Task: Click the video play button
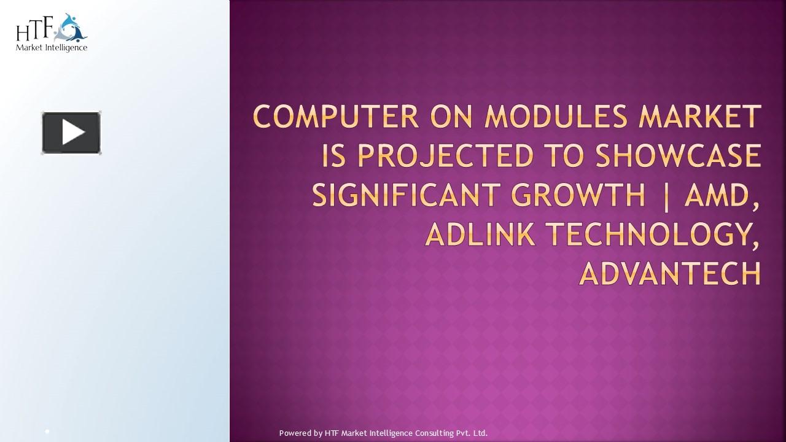click(71, 133)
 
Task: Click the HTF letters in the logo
click(36, 29)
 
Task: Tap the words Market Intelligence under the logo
click(52, 47)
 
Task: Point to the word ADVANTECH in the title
click(670, 273)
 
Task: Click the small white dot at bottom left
click(47, 432)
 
